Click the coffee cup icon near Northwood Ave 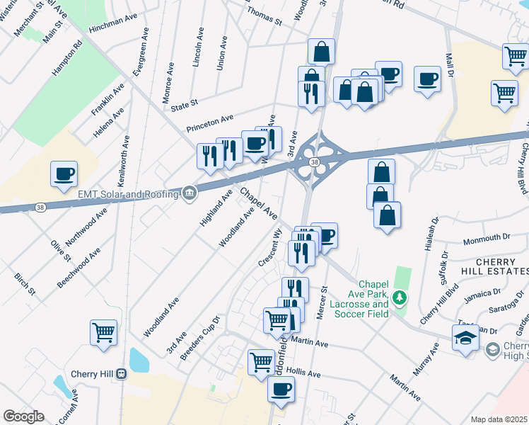pyautogui.click(x=64, y=173)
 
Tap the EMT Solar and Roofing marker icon pyautogui.click(x=189, y=192)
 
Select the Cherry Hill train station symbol pyautogui.click(x=121, y=373)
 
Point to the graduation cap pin pyautogui.click(x=465, y=339)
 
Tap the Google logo pyautogui.click(x=24, y=416)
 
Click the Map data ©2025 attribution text pyautogui.click(x=499, y=419)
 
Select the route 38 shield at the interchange pyautogui.click(x=313, y=162)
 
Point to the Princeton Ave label pyautogui.click(x=209, y=123)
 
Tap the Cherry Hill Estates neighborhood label pyautogui.click(x=501, y=267)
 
